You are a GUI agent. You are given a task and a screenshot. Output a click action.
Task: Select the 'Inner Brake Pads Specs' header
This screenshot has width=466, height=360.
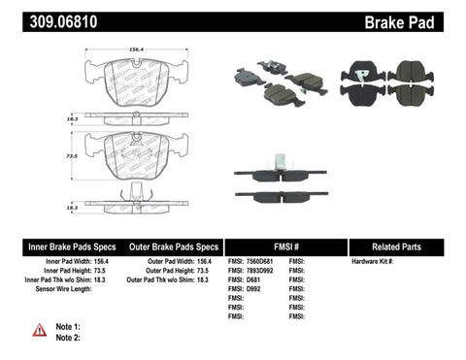tap(56, 246)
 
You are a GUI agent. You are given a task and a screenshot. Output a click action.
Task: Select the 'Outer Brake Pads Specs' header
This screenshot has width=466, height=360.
tap(170, 246)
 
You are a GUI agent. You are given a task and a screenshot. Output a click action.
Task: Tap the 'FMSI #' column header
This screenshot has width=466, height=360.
tap(285, 246)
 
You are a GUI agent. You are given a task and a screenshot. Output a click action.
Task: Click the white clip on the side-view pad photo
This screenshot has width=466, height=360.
tap(278, 161)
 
